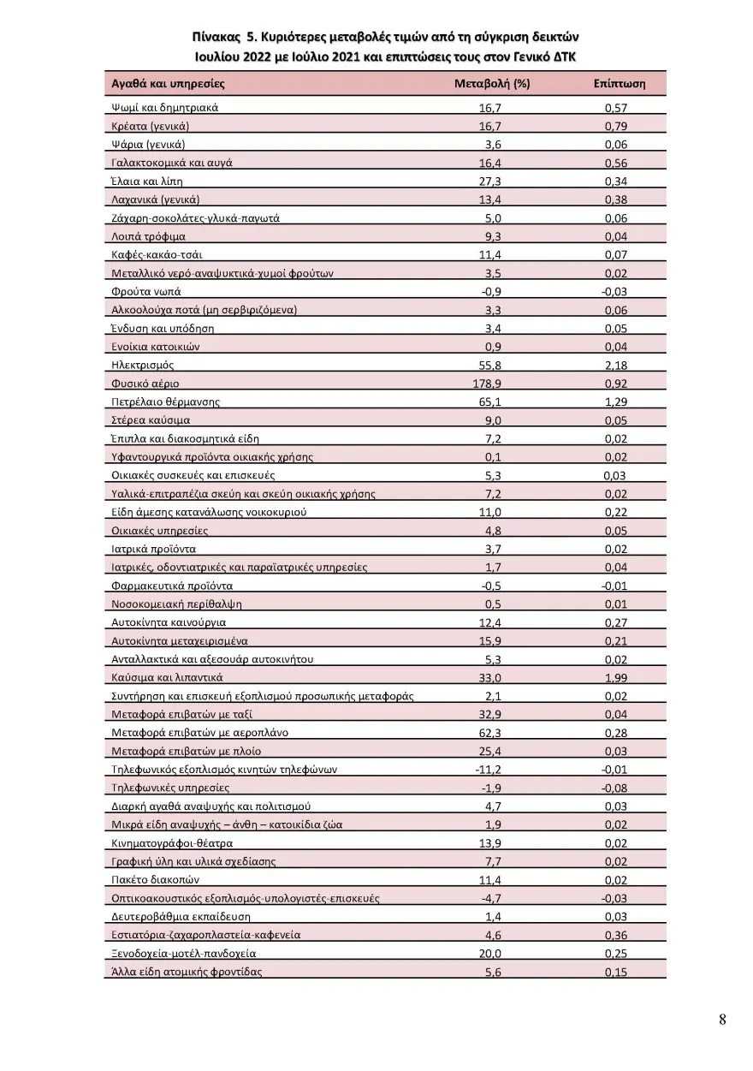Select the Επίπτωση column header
(x=619, y=84)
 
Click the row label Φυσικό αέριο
(x=145, y=384)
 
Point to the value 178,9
(x=487, y=384)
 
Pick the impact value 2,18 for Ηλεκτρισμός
(x=615, y=365)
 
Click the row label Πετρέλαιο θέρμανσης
(x=166, y=402)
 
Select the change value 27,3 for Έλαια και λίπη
(x=489, y=181)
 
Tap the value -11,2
(x=488, y=769)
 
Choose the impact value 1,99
(x=615, y=677)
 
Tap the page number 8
(x=722, y=1019)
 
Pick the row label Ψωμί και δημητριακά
(x=165, y=108)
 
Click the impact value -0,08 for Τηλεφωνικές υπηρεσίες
(x=614, y=788)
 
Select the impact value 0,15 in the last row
(x=615, y=972)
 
